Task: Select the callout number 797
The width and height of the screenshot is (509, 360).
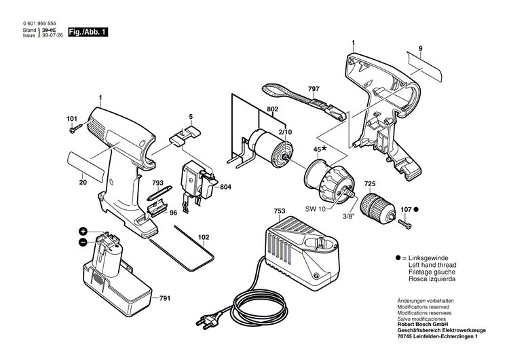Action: (313, 88)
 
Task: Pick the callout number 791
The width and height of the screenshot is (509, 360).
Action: (164, 298)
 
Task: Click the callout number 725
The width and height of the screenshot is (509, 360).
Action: (370, 183)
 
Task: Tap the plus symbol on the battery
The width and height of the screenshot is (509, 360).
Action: (83, 232)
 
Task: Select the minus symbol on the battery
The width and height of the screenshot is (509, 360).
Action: (83, 241)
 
